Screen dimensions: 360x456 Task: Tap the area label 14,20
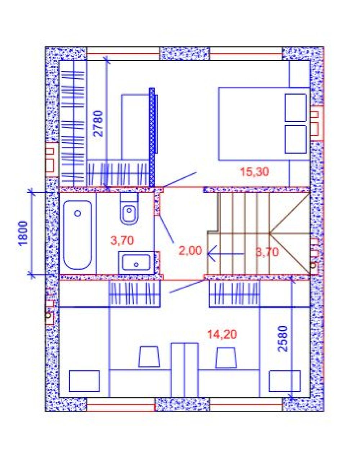coord(222,334)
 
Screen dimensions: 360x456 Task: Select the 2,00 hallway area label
coord(190,251)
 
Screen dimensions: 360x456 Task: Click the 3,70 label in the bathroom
coord(122,241)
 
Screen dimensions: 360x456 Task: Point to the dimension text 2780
coord(98,124)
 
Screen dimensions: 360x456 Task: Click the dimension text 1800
coord(23,233)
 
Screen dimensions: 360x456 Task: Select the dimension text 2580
coord(284,339)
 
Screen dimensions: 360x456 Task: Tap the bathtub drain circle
coord(78,213)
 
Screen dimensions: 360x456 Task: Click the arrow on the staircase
coord(225,254)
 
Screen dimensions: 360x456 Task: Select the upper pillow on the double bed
coord(296,108)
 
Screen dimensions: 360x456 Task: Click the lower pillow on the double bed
coord(296,139)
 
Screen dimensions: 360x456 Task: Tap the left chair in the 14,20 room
coord(149,356)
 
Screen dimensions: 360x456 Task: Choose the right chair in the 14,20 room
coord(226,357)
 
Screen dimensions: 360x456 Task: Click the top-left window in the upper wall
coord(123,54)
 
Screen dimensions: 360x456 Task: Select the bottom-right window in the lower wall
coord(246,404)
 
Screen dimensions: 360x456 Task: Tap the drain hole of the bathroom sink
coord(136,264)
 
